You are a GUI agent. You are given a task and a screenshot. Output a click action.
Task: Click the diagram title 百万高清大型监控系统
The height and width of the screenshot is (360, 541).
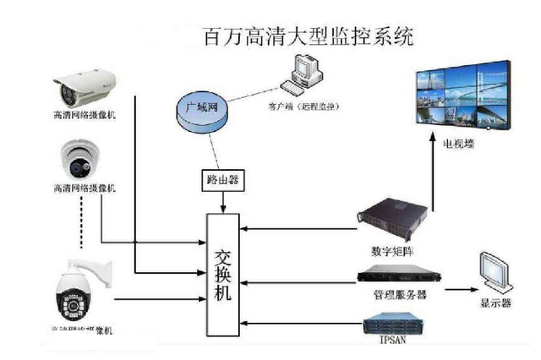coord(309,38)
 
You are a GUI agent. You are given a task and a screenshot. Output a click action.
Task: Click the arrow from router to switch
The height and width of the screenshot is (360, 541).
coord(222,201)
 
